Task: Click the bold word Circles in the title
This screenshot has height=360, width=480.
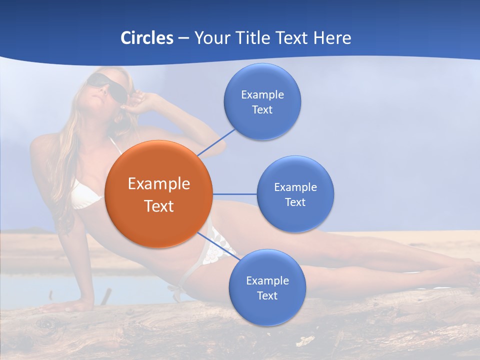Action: click(x=147, y=38)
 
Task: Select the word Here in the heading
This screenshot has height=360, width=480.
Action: click(x=332, y=38)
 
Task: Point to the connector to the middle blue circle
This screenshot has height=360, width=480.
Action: click(x=234, y=194)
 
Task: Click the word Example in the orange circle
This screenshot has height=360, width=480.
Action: click(x=159, y=184)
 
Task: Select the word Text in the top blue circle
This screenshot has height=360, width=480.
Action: click(x=262, y=110)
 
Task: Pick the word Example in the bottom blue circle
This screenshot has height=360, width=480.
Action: click(x=267, y=280)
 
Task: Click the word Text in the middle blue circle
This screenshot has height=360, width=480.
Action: click(x=295, y=202)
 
